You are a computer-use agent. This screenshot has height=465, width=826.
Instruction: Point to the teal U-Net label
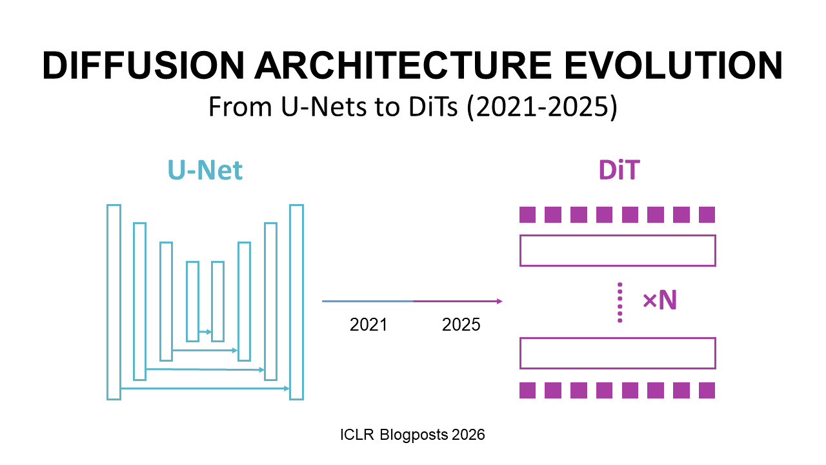205,170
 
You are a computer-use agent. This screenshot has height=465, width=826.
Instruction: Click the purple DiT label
618,170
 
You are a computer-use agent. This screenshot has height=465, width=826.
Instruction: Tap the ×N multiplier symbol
660,301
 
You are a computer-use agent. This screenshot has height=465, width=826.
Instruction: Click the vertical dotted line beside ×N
619,302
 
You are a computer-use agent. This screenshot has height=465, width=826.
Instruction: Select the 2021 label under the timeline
368,324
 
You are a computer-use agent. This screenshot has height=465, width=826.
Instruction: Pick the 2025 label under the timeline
461,324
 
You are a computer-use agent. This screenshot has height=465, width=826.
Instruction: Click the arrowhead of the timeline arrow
499,301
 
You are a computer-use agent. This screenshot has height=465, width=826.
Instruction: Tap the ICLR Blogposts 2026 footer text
412,435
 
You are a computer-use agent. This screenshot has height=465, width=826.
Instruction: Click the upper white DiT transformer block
618,251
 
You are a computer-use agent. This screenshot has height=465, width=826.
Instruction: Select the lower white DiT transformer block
618,353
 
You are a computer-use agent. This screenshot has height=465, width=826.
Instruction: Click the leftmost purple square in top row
527,214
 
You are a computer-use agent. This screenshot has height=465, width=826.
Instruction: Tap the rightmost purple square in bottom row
707,390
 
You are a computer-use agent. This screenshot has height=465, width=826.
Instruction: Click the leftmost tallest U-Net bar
114,302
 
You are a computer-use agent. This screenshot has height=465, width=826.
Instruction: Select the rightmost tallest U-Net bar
296,302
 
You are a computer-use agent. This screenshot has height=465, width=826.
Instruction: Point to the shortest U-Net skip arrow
205,332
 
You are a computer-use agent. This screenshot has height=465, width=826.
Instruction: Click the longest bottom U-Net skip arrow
205,389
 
